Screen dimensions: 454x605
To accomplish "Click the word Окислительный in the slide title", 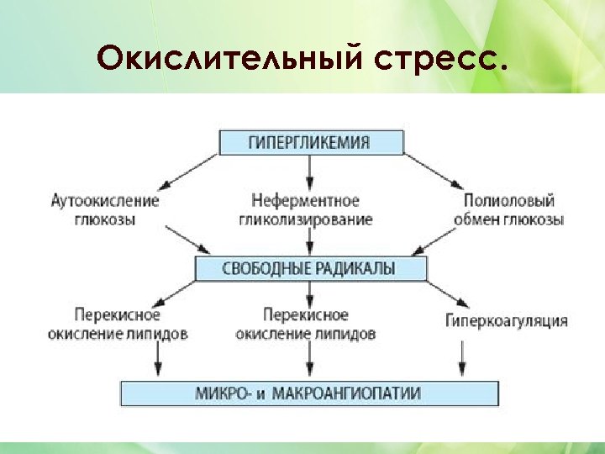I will point(213,58).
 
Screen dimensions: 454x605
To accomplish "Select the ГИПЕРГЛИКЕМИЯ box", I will point(310,141).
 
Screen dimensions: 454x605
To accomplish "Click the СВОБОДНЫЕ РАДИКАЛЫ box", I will point(310,268).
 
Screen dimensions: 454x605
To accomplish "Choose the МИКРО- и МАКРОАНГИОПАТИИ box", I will point(310,393).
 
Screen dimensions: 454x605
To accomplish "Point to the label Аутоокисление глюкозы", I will point(104,210).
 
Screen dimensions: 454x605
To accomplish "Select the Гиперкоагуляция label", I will point(506,320).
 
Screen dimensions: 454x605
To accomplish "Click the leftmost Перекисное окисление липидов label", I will point(117,324).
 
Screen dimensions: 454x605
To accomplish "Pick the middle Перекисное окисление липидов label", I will point(306,324).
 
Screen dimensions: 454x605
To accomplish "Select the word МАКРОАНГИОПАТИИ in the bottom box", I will point(352,393).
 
